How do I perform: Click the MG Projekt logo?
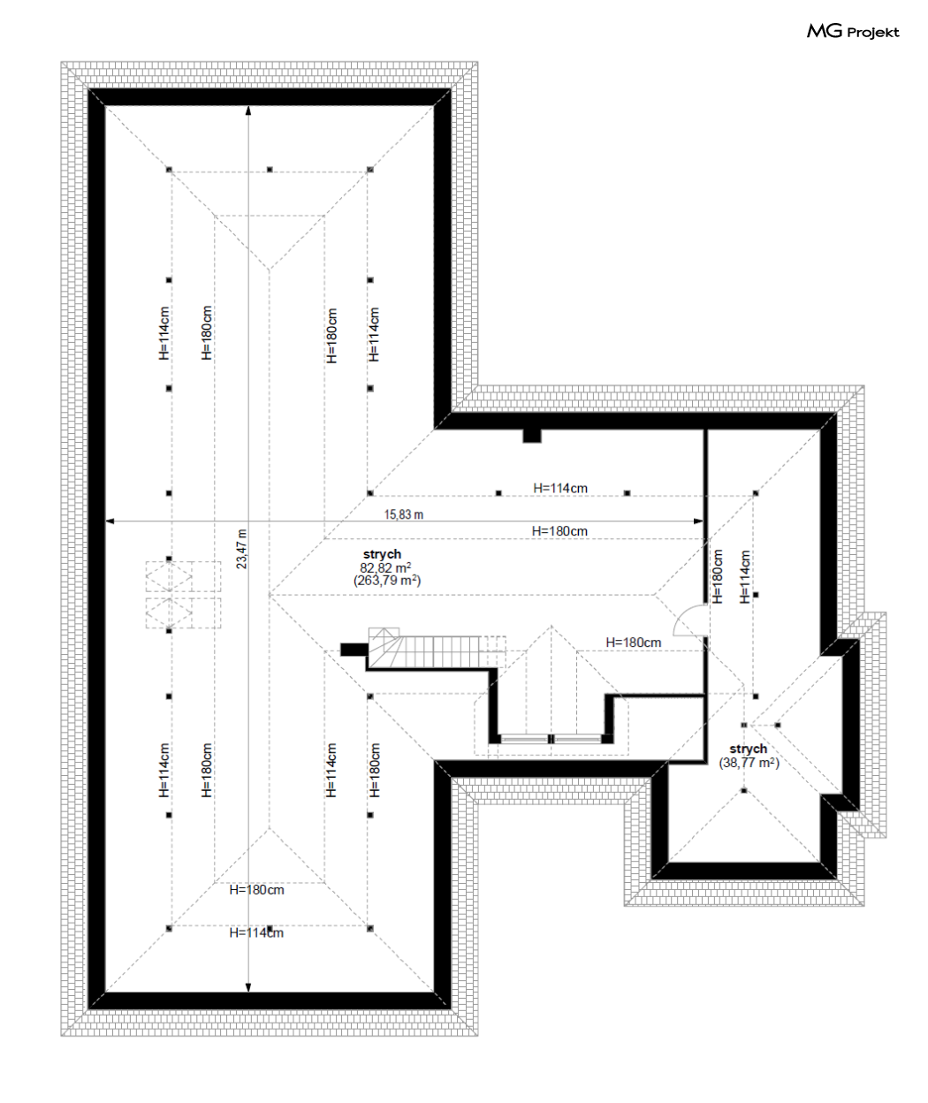click(x=853, y=32)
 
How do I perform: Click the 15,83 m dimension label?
click(x=404, y=514)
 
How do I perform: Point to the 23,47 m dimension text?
click(x=241, y=549)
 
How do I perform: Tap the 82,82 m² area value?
click(x=385, y=567)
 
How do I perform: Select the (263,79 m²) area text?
click(x=387, y=581)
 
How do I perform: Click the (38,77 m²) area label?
click(x=749, y=763)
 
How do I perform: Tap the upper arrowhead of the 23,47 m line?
click(x=248, y=110)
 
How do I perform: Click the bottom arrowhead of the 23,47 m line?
click(x=248, y=987)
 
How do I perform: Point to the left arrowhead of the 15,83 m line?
click(x=110, y=521)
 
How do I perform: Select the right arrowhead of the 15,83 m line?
click(x=697, y=521)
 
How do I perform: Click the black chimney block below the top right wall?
click(x=532, y=436)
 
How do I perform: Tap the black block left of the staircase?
click(x=354, y=650)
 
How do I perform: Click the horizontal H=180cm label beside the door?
click(x=634, y=643)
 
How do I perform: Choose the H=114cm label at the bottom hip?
click(x=256, y=933)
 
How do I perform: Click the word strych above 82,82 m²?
click(x=382, y=555)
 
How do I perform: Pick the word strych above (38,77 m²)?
click(x=748, y=749)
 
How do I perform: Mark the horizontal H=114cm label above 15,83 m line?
click(x=559, y=489)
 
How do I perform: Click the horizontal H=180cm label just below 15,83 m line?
click(x=559, y=531)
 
